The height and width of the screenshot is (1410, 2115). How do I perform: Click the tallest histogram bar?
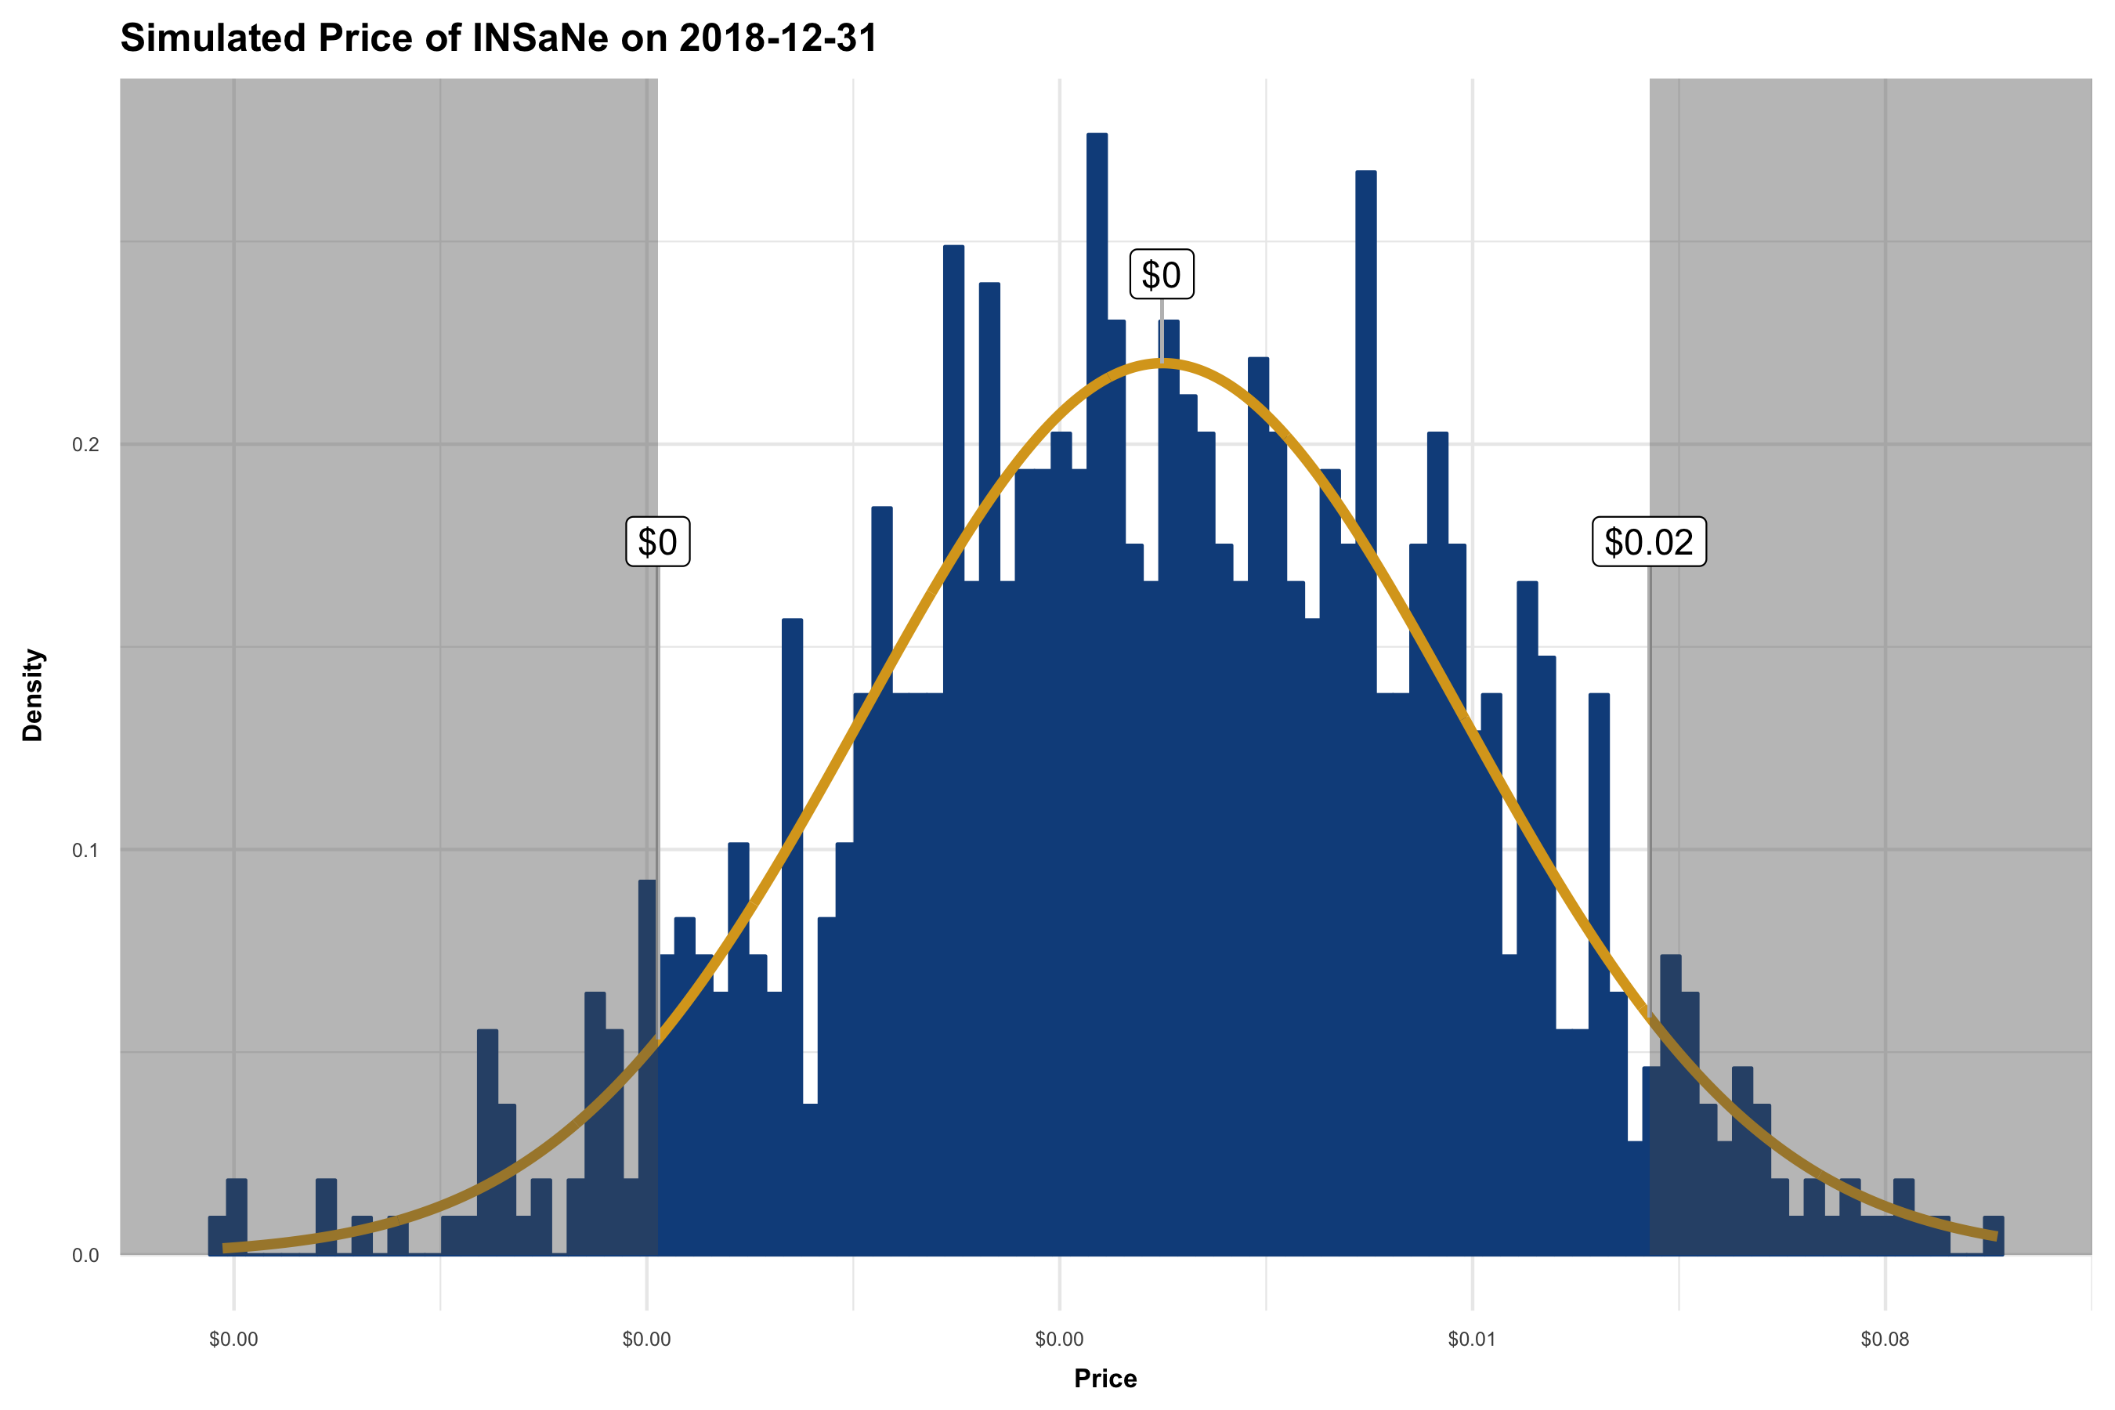coord(1097,630)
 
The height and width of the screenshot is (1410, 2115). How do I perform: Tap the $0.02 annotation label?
coord(1648,542)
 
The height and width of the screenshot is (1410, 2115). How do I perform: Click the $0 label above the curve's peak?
coord(1161,274)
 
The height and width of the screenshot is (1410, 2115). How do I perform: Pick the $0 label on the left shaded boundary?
coord(657,542)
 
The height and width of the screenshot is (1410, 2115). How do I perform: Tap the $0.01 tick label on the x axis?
coord(1472,1339)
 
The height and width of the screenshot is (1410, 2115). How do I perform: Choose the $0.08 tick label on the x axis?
coord(1885,1339)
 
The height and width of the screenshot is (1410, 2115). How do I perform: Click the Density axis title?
coord(33,695)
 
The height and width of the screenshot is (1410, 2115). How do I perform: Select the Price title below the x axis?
coord(1105,1379)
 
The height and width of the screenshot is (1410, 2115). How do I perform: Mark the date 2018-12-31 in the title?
coord(778,38)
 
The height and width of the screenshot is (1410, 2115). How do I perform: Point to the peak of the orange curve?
coord(1161,363)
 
